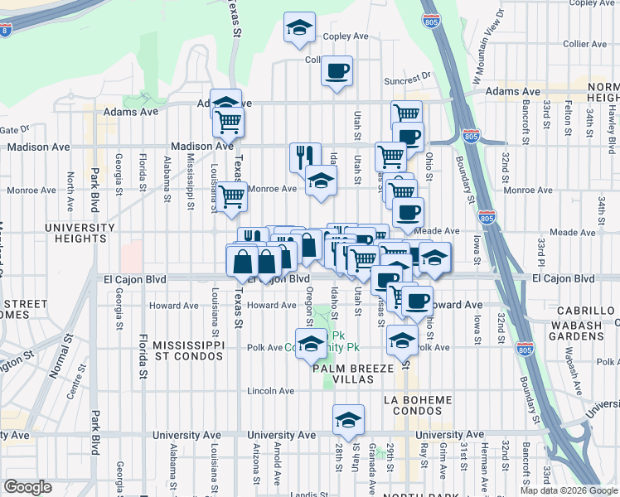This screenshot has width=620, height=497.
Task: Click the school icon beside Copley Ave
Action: coord(299,27)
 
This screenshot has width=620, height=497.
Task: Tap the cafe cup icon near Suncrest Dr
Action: coord(337,71)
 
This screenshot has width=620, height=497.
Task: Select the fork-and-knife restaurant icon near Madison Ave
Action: coord(305,155)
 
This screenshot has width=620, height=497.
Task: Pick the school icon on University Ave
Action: coord(348,420)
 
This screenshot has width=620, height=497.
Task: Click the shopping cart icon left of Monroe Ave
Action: coord(231,195)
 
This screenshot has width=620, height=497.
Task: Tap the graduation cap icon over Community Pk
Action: coord(312,344)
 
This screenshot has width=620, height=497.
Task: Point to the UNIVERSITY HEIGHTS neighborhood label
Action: coord(80,234)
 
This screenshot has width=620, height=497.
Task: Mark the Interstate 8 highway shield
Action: coord(6,31)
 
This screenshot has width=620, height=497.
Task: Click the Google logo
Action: coord(27,487)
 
